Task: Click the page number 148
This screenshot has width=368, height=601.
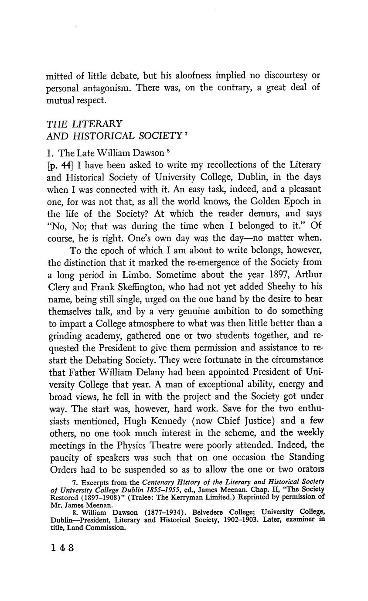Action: [x=62, y=548]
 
